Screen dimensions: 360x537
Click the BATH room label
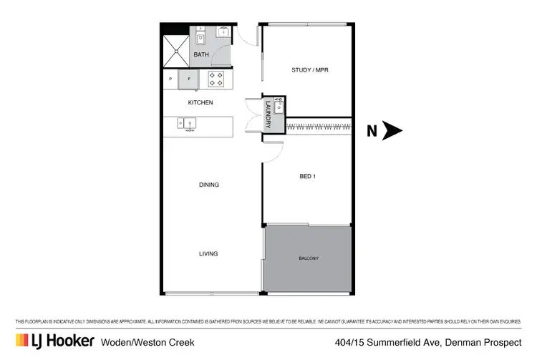point(201,54)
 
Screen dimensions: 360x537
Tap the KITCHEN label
point(200,102)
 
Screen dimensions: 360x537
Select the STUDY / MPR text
point(309,69)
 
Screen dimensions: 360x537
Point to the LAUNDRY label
point(268,115)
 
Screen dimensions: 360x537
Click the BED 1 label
point(306,175)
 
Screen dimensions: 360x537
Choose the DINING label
point(208,185)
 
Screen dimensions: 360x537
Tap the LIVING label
point(208,253)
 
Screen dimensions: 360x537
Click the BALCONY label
point(309,258)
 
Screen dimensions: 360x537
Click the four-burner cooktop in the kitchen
point(217,79)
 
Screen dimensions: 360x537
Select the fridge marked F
point(189,79)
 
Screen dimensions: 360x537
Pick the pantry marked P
point(170,79)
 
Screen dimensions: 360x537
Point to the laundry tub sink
point(279,106)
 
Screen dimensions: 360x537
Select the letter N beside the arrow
point(372,131)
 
